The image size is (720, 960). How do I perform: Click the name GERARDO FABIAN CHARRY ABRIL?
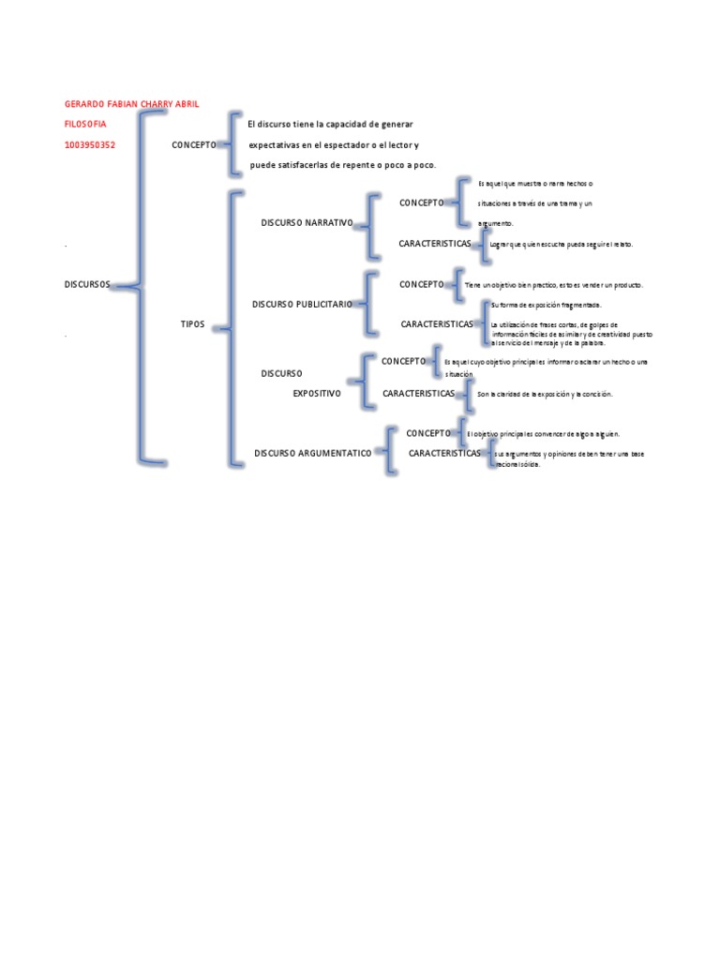click(131, 103)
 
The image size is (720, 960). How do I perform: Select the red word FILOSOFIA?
click(85, 124)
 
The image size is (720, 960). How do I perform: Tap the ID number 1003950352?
click(90, 145)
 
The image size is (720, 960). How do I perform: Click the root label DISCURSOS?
click(87, 284)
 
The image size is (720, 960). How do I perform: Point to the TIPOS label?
click(192, 323)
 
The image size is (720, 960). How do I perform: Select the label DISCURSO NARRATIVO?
click(307, 222)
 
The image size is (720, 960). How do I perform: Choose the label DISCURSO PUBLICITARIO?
click(303, 305)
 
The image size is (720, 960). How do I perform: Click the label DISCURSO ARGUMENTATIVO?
click(313, 453)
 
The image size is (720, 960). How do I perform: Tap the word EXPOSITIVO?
click(317, 395)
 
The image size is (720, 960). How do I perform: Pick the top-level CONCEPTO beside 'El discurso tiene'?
click(194, 145)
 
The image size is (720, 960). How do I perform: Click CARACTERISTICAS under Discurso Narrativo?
click(435, 244)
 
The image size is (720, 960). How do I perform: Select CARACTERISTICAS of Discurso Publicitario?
click(437, 324)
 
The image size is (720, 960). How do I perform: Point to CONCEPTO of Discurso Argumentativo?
click(428, 433)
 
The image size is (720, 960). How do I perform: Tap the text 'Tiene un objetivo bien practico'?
click(553, 285)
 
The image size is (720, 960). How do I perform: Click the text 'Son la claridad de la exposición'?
click(544, 395)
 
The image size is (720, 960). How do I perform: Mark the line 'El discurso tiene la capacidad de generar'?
click(330, 124)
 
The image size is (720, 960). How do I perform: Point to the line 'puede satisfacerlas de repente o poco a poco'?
click(343, 165)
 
